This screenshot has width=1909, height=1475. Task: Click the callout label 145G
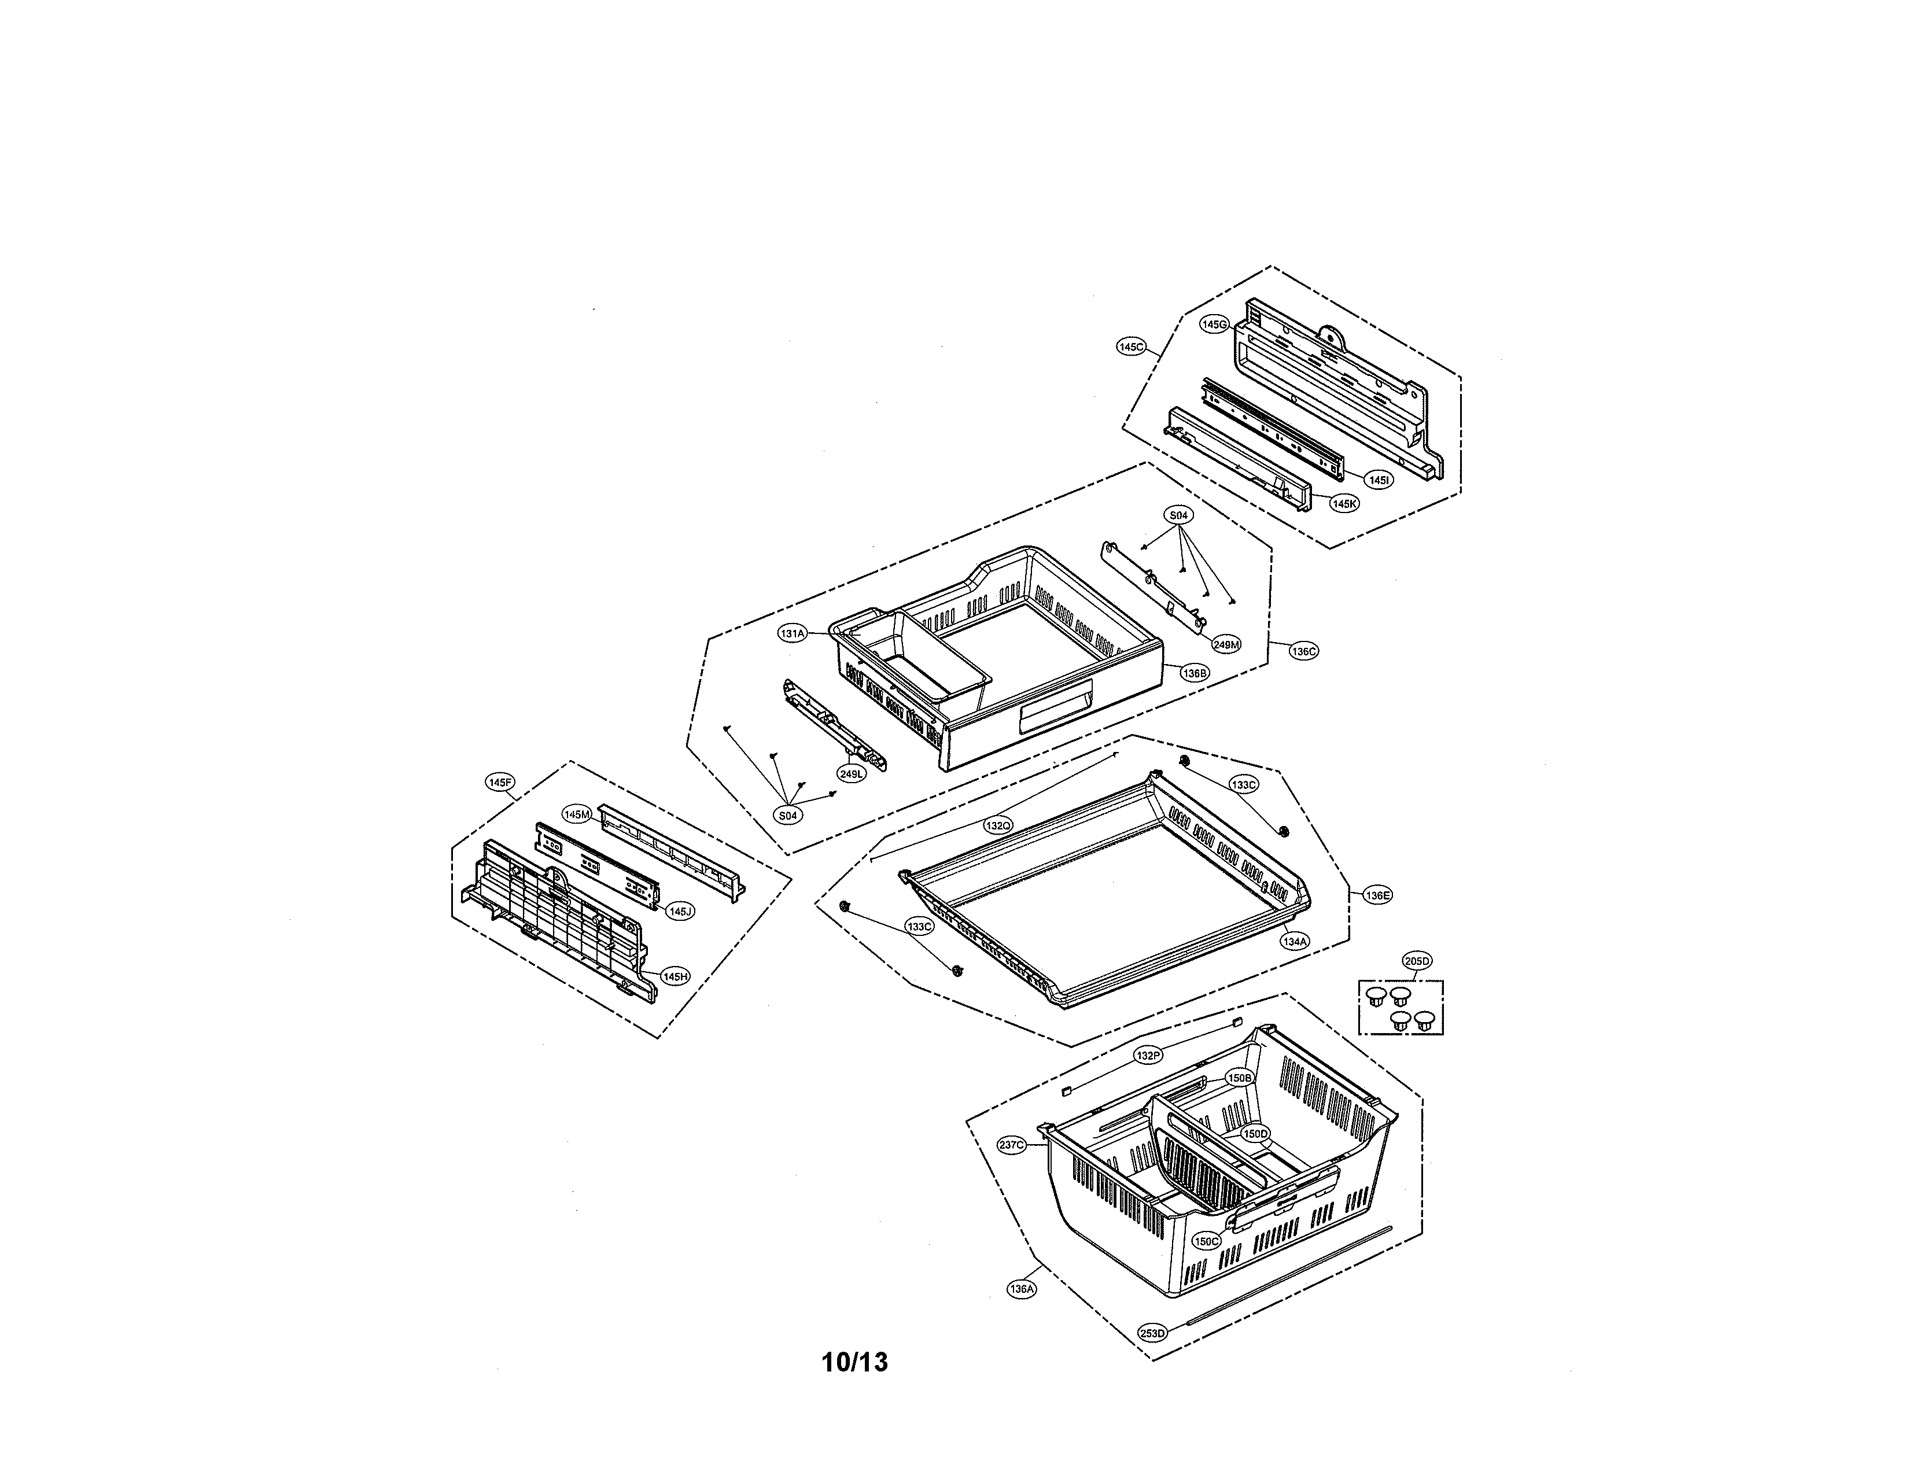[1214, 324]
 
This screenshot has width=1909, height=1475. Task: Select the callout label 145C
[1131, 347]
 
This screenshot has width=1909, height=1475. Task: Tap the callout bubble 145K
[1344, 503]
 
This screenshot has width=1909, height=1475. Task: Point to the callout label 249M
[1226, 645]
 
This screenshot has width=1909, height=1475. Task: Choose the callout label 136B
[1194, 673]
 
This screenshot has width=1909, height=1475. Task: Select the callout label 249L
[850, 773]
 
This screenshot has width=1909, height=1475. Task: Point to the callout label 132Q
[998, 825]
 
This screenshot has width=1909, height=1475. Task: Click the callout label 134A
[1295, 941]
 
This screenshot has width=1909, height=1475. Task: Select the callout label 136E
[1377, 895]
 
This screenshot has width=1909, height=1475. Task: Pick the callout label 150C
[1206, 1241]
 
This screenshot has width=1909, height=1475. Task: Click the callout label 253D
[1152, 1333]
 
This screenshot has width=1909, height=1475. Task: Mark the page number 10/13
[855, 1362]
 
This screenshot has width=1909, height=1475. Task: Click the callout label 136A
[1021, 1289]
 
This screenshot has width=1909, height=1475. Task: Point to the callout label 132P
[1148, 1056]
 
